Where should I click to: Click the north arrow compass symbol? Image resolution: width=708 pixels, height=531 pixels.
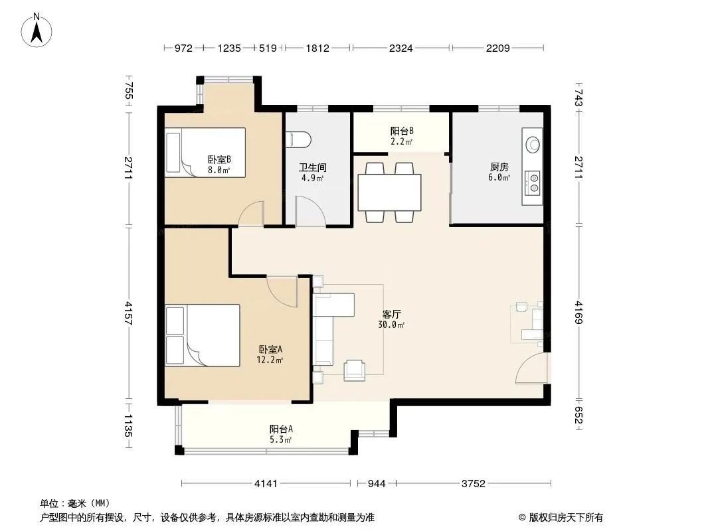click(x=37, y=31)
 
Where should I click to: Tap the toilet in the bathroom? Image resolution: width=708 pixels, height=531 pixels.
click(x=298, y=139)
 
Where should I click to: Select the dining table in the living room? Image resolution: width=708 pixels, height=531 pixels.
click(x=389, y=192)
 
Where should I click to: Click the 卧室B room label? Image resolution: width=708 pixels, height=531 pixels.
click(x=219, y=160)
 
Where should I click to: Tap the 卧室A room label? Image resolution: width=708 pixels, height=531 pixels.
click(x=270, y=350)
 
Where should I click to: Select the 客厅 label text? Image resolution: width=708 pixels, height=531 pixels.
click(x=391, y=314)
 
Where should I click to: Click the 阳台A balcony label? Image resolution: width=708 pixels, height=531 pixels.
click(x=281, y=429)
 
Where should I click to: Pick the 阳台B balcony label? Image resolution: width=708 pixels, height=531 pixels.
click(x=402, y=131)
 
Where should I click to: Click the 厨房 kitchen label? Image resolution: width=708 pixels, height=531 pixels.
click(x=499, y=167)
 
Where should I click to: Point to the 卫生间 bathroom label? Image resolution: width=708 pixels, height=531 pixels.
click(x=312, y=168)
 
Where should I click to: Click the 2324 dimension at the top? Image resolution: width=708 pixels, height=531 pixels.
click(x=401, y=48)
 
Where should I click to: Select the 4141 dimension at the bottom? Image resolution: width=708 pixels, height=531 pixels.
click(x=266, y=484)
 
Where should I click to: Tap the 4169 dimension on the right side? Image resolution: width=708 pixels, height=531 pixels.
click(x=579, y=313)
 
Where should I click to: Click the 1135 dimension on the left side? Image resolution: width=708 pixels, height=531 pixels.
click(x=128, y=426)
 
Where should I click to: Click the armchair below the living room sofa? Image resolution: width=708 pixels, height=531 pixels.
click(x=355, y=370)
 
